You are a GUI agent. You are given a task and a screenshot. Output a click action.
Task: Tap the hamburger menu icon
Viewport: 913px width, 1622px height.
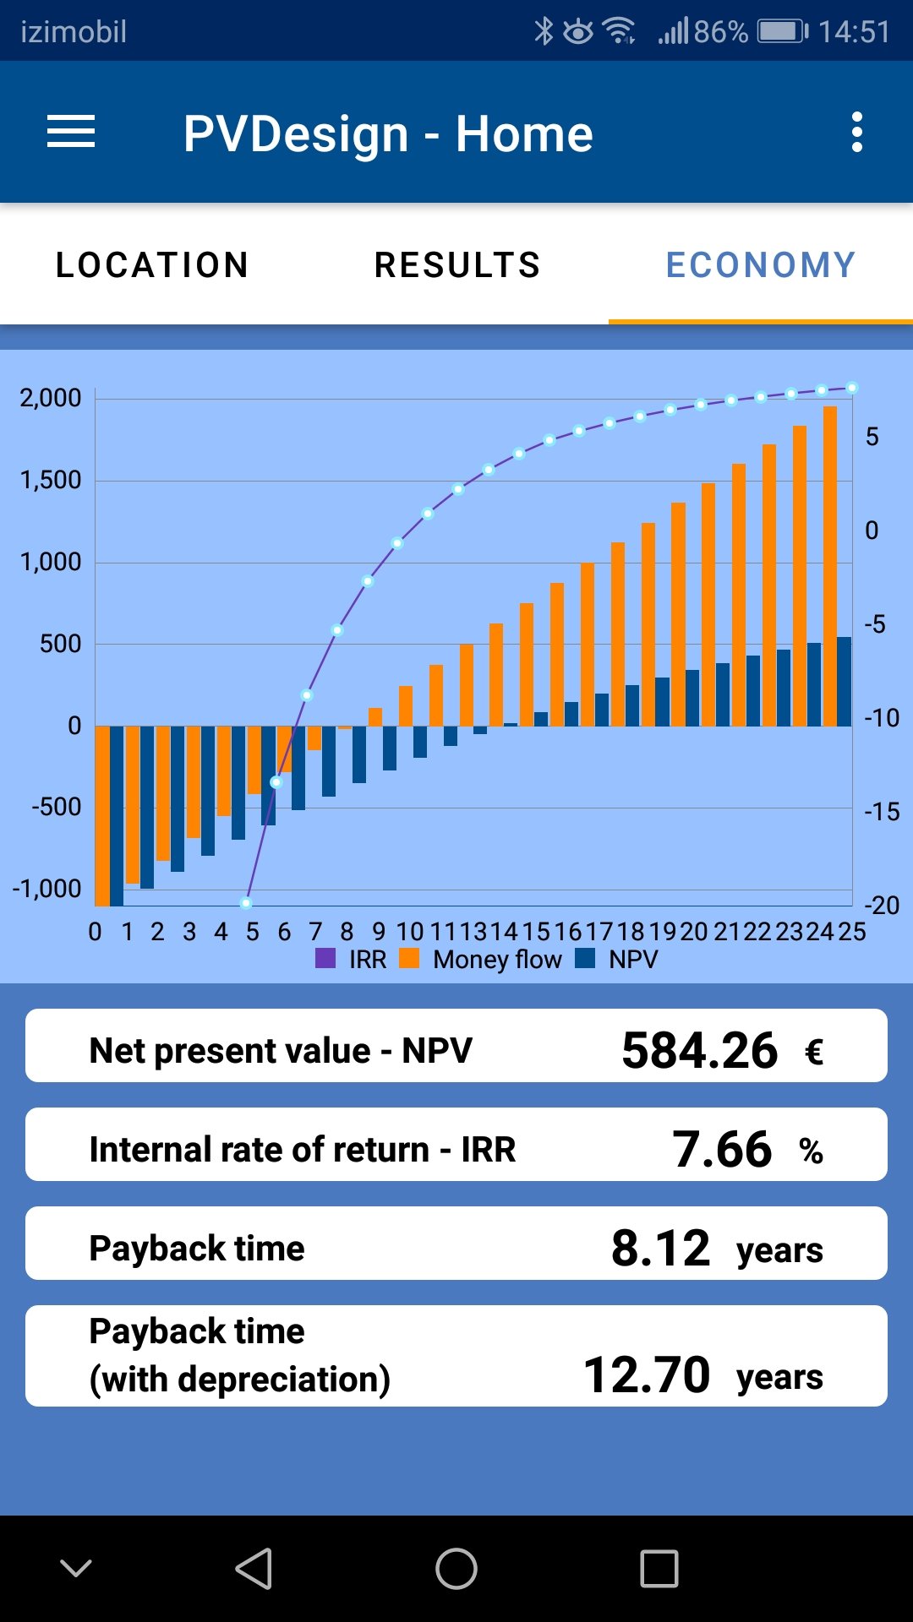(x=71, y=133)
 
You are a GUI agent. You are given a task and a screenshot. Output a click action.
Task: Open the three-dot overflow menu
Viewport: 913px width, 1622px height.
(x=857, y=133)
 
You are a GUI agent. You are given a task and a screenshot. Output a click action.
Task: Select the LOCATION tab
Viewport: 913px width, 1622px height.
(x=152, y=265)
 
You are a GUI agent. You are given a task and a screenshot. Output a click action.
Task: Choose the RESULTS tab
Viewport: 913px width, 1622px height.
(x=456, y=265)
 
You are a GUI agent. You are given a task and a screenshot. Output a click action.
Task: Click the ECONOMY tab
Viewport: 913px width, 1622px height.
(x=761, y=265)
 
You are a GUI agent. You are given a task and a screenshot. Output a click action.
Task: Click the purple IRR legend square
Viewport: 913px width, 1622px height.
(x=325, y=959)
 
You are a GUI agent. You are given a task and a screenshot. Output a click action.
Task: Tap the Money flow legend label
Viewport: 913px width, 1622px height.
(x=497, y=960)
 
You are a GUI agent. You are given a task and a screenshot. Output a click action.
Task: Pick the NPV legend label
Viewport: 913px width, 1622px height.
(x=633, y=960)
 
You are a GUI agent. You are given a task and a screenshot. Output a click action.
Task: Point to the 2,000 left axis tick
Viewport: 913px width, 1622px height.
(x=51, y=398)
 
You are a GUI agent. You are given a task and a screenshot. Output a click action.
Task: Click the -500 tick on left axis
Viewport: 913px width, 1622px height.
(x=57, y=807)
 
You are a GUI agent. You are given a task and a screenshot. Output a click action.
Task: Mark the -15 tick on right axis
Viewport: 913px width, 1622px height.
(x=882, y=812)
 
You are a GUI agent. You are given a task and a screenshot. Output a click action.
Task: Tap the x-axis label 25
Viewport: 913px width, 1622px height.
(x=852, y=932)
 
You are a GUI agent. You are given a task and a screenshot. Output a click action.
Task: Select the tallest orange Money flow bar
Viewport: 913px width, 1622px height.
(x=830, y=566)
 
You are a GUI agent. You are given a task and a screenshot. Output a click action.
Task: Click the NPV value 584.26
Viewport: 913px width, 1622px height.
(x=699, y=1051)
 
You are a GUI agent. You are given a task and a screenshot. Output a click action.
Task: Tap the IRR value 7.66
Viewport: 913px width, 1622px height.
(x=722, y=1150)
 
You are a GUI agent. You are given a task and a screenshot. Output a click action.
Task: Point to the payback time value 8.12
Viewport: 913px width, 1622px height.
(x=660, y=1249)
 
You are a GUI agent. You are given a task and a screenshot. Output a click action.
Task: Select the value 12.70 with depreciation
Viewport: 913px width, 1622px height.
(x=647, y=1375)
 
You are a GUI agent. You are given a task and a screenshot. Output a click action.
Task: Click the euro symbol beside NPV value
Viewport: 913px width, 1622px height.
(x=813, y=1053)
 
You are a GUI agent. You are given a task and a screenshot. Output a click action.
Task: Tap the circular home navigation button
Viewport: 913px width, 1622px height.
(x=456, y=1569)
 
